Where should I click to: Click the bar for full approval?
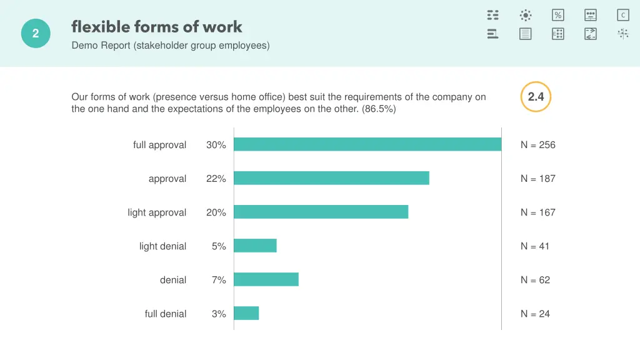pos(367,144)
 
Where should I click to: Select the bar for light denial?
pos(255,246)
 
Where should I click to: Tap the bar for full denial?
pos(246,313)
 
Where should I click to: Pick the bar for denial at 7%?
pos(266,279)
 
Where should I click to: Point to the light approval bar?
pos(321,212)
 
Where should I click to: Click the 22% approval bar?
pos(331,178)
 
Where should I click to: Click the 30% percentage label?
pos(216,145)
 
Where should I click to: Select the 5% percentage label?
pos(219,246)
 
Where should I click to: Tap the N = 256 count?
pos(538,145)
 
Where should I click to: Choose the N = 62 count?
pos(536,280)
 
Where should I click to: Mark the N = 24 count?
pos(536,314)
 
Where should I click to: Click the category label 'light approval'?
pos(157,212)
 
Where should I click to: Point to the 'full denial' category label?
pos(166,314)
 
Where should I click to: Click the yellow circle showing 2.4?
pos(536,97)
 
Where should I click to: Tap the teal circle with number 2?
pos(36,34)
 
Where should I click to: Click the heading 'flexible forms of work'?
pos(157,27)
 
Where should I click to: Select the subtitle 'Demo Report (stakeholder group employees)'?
pos(171,45)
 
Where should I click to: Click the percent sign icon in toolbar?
pos(558,15)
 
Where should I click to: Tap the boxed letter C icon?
pos(623,15)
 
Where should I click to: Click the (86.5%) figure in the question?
pos(379,109)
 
